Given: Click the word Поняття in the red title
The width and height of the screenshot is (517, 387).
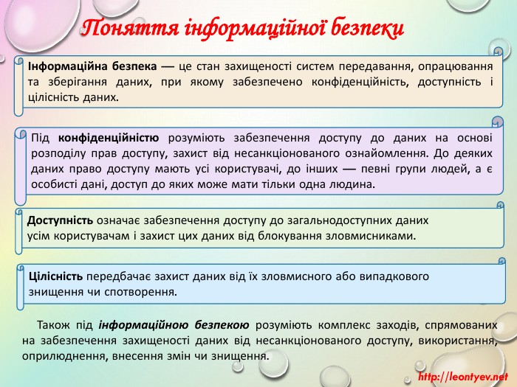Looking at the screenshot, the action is (x=130, y=28).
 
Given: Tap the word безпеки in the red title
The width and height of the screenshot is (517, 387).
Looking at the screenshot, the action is (x=367, y=28).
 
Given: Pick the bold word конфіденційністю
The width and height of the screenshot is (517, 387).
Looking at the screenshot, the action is (x=109, y=138).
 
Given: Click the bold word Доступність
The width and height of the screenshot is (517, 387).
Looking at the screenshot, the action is (x=60, y=220).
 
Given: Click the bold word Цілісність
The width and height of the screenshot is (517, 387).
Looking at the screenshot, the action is (x=55, y=276).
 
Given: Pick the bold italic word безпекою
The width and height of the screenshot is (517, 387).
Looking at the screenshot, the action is (x=222, y=325).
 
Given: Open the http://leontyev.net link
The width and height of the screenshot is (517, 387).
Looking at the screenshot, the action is (x=463, y=377).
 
